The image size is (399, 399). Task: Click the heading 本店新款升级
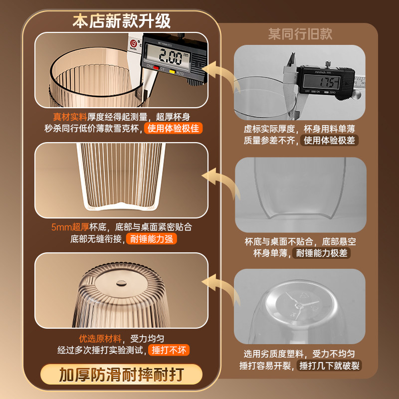[122, 21]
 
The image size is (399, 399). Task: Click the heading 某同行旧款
[300, 34]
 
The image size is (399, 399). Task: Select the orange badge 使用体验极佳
[174, 129]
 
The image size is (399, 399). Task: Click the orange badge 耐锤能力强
[151, 239]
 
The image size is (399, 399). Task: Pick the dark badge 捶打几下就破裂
[330, 366]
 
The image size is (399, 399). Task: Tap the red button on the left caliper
[156, 68]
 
